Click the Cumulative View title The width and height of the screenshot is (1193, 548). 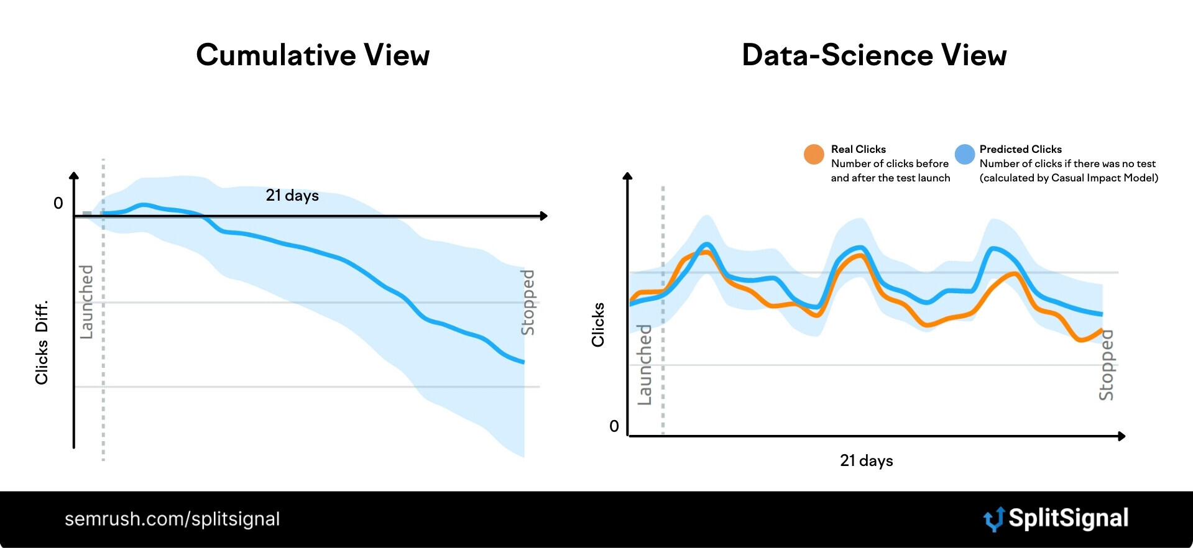tap(313, 55)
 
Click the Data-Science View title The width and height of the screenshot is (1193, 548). tap(874, 55)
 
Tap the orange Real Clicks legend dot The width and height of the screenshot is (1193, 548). tap(814, 154)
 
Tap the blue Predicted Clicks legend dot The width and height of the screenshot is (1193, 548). tap(965, 154)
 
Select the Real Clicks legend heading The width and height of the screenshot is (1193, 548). tap(858, 149)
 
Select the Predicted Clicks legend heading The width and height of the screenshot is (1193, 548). tap(1020, 149)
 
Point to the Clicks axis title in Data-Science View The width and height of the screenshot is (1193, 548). tap(598, 324)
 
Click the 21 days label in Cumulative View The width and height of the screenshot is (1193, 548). tap(292, 195)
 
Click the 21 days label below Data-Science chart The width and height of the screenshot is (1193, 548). tap(866, 460)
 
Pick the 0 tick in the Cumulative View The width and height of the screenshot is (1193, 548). tap(58, 203)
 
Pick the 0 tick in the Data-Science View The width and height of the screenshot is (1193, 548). tap(614, 426)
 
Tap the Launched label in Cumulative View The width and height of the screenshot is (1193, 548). tap(86, 302)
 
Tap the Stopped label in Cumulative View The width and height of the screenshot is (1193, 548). tap(527, 302)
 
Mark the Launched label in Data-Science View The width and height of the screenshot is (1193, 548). tap(645, 365)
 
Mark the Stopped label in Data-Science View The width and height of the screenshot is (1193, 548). tap(1106, 365)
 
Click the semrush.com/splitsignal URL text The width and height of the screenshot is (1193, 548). tap(172, 519)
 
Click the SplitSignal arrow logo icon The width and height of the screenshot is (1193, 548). tap(993, 519)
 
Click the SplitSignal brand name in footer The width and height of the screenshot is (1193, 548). tap(1068, 518)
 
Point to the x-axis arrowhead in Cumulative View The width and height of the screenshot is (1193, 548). tap(544, 216)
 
